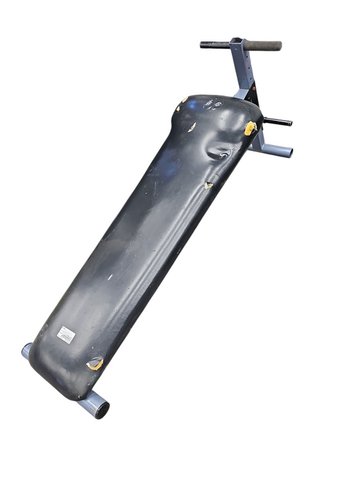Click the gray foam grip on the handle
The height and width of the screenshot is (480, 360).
[264, 45]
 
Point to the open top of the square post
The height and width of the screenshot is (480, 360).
[236, 41]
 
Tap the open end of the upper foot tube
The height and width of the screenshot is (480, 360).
[287, 152]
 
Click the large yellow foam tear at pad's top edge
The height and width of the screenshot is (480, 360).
[250, 129]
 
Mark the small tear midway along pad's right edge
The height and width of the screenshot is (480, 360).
[208, 185]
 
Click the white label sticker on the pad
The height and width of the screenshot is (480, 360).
[66, 334]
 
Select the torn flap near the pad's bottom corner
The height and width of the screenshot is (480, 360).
[95, 363]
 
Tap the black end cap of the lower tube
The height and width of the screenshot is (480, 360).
[103, 409]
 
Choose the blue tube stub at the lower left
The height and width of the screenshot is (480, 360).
[27, 350]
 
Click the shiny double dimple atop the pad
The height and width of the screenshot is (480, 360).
[214, 104]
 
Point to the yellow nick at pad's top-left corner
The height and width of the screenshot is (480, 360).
[184, 100]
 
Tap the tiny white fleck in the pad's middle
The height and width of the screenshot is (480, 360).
[111, 277]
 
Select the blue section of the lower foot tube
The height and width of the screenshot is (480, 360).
[89, 402]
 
